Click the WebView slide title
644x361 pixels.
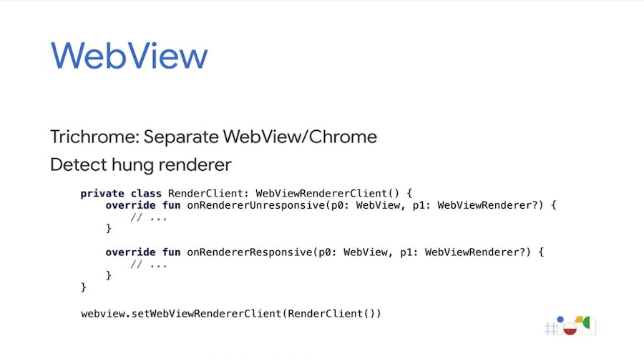129,55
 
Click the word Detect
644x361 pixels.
75,165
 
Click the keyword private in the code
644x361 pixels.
102,194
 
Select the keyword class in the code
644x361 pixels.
146,194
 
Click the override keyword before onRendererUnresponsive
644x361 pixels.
130,206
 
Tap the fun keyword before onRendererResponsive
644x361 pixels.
171,252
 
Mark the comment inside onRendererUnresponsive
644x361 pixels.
149,217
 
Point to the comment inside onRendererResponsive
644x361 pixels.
149,264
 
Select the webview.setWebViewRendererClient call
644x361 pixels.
230,314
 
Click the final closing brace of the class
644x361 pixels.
84,287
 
